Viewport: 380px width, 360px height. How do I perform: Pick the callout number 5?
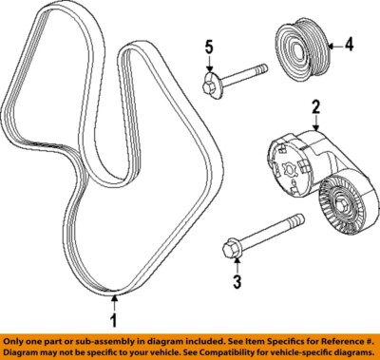[x=210, y=45]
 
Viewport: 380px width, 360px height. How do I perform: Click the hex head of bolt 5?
[x=210, y=86]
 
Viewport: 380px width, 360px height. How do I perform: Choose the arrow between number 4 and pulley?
[x=333, y=43]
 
